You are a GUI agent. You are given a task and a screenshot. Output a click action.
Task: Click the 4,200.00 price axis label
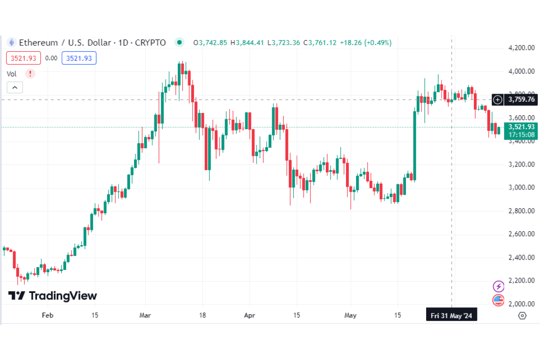click(521, 48)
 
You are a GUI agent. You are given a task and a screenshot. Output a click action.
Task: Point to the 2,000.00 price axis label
click(521, 304)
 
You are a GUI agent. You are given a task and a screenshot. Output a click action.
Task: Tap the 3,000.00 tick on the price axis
click(521, 187)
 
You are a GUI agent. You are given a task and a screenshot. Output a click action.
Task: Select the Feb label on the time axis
click(47, 315)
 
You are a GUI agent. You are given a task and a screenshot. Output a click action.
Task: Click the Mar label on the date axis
click(145, 315)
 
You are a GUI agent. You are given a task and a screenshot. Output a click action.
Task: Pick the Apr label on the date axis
click(249, 315)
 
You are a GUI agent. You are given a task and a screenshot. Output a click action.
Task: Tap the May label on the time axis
click(350, 315)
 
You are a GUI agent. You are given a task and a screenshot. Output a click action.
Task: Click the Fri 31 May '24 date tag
click(451, 315)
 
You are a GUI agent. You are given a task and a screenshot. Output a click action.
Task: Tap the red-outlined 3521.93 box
click(23, 58)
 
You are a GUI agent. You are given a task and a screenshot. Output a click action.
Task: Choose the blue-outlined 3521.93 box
click(79, 58)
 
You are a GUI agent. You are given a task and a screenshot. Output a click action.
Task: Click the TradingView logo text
click(53, 296)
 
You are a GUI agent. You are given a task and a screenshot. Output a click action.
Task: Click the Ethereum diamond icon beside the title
click(11, 43)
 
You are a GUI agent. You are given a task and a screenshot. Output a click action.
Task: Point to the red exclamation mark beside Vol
click(30, 73)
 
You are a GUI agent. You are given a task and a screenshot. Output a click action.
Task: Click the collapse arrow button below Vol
click(14, 88)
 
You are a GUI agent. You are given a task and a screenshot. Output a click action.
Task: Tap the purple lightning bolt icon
click(498, 286)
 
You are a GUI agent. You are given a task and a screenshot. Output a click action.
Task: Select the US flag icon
click(498, 300)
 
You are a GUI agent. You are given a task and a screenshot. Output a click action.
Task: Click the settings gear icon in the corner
click(522, 315)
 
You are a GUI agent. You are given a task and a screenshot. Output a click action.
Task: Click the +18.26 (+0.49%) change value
click(365, 43)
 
